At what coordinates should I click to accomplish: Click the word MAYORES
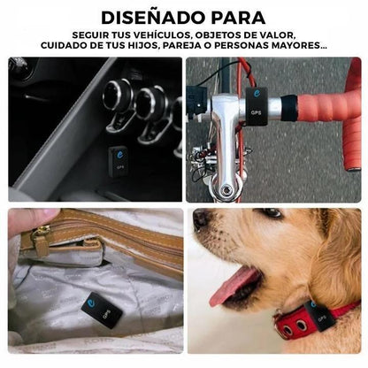(x=299, y=47)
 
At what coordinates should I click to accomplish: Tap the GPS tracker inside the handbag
(x=101, y=310)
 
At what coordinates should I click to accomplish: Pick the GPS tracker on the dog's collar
(x=318, y=315)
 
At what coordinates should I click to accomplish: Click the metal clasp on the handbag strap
(x=41, y=237)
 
